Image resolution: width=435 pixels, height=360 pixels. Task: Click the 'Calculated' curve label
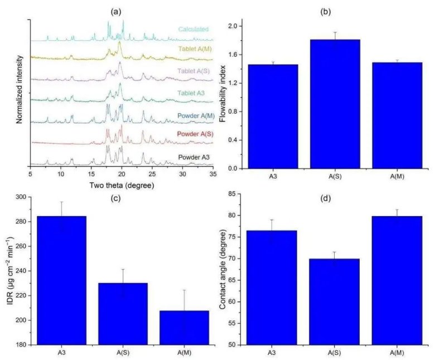[194, 29]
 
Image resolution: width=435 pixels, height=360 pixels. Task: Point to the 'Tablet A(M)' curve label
[195, 48]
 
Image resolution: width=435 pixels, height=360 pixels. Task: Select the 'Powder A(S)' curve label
[194, 134]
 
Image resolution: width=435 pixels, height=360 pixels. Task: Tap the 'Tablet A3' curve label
[196, 93]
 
